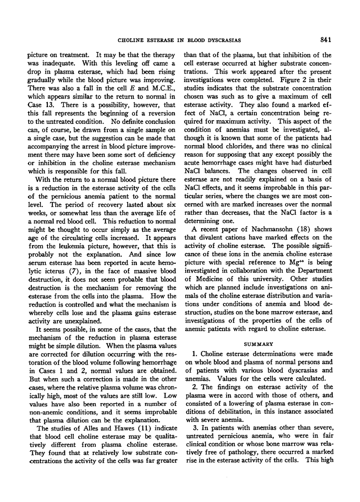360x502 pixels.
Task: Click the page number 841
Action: coord(325,40)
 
